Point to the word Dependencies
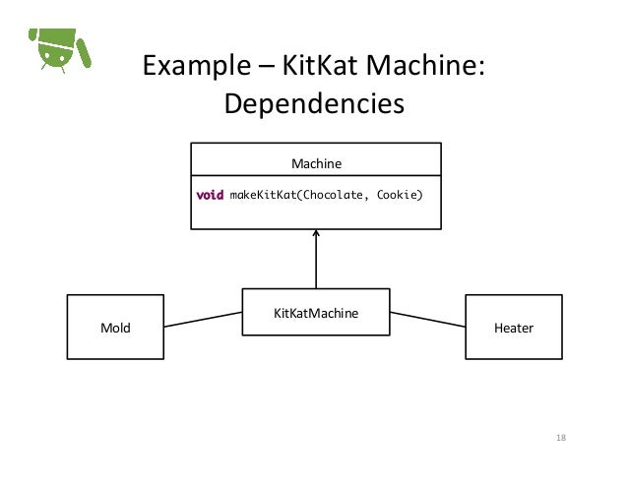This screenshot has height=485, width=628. pos(314,103)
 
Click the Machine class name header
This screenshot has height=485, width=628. pos(316,161)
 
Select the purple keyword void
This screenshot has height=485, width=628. pos(210,195)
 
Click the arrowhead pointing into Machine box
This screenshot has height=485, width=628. pos(316,235)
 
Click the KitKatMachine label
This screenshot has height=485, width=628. pos(316,314)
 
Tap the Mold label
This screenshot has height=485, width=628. pos(116,328)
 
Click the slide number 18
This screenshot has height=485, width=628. pos(563,438)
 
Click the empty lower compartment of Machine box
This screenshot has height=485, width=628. pos(316,217)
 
